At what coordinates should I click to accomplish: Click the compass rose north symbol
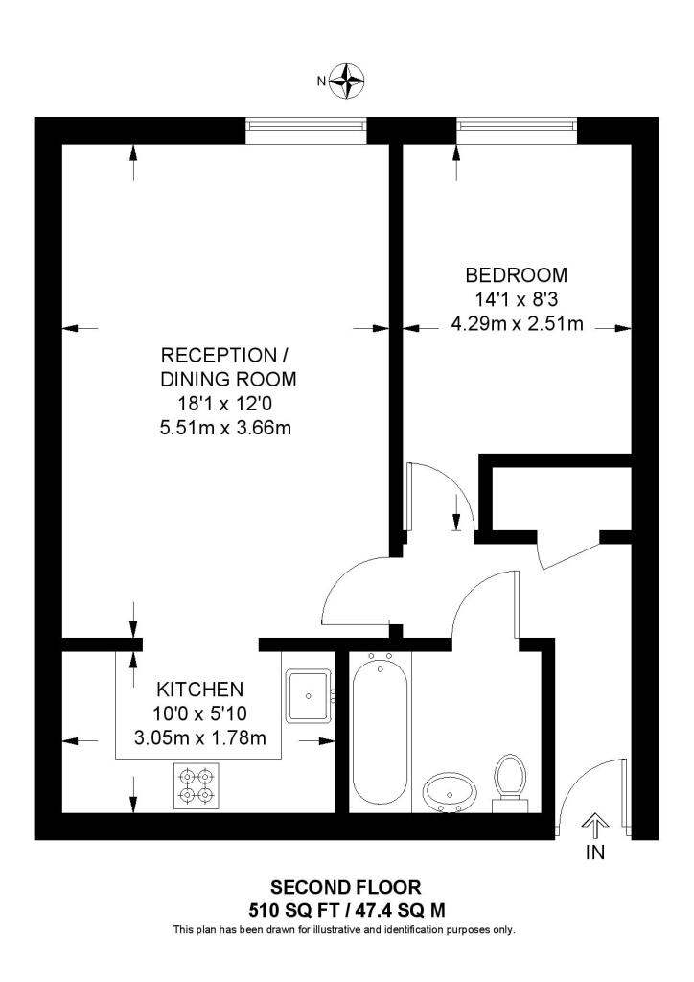[x=348, y=81]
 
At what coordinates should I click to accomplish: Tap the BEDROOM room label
[x=517, y=275]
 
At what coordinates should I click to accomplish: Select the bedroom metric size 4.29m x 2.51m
[x=517, y=323]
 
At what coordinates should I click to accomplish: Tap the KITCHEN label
[x=200, y=689]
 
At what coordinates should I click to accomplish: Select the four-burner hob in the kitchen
[x=196, y=783]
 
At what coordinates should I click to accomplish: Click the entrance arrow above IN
[x=595, y=824]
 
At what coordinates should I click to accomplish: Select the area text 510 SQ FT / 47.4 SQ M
[x=346, y=909]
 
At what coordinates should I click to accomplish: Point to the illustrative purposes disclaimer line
[x=346, y=929]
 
